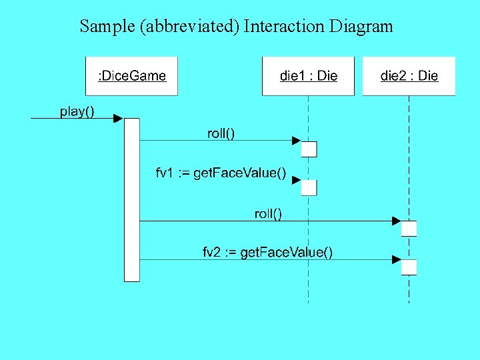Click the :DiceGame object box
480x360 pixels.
pyautogui.click(x=132, y=76)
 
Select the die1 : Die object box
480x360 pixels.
pyautogui.click(x=308, y=76)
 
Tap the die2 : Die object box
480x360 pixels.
pyautogui.click(x=409, y=76)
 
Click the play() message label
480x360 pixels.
pyautogui.click(x=77, y=111)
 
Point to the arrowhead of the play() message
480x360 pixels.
pyautogui.click(x=118, y=119)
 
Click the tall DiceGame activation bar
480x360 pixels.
pyautogui.click(x=132, y=200)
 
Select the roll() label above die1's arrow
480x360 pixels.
pyautogui.click(x=221, y=133)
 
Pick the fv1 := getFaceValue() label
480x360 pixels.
pyautogui.click(x=221, y=173)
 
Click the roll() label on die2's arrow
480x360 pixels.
pyautogui.click(x=268, y=213)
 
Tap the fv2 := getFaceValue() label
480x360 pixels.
pyautogui.click(x=268, y=252)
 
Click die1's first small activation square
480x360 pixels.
pyautogui.click(x=309, y=149)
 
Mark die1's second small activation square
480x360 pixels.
pyautogui.click(x=309, y=187)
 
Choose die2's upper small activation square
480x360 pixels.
pyautogui.click(x=409, y=228)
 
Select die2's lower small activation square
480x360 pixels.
pyautogui.click(x=409, y=267)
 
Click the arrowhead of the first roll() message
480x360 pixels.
pyautogui.click(x=297, y=140)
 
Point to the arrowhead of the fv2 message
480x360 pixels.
pyautogui.click(x=397, y=259)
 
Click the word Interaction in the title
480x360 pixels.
pyautogui.click(x=284, y=27)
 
